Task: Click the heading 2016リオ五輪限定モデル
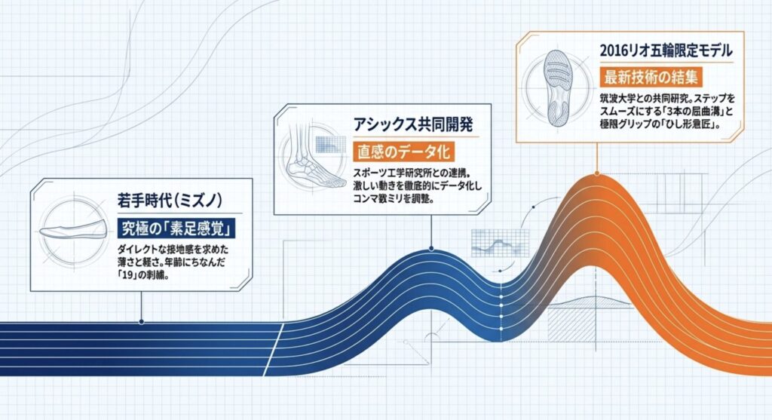655,51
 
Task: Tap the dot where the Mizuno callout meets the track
142,321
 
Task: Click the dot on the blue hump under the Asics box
430,248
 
